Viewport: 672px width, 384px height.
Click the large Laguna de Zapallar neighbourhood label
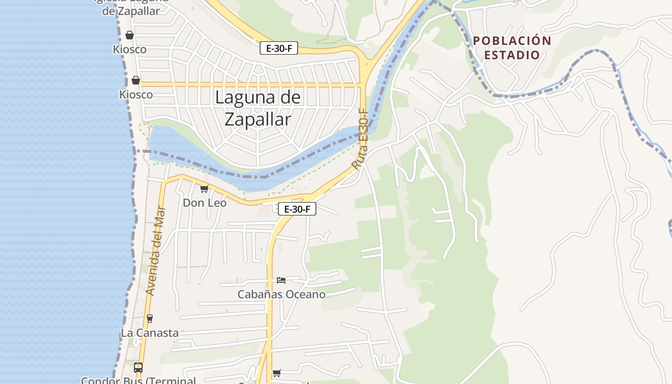point(258,108)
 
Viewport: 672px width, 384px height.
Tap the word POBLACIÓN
point(512,41)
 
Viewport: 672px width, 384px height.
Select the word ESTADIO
point(512,55)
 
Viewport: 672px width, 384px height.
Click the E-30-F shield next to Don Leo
point(297,209)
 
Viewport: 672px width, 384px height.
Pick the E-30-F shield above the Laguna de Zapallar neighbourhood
point(279,48)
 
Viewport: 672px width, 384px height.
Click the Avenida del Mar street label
point(156,251)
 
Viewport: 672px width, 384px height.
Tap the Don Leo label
point(204,203)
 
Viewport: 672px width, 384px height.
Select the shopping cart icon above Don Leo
point(204,189)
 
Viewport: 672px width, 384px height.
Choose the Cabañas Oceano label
point(282,294)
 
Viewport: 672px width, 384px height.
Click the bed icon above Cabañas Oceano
point(281,280)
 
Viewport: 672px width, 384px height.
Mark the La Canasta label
point(150,333)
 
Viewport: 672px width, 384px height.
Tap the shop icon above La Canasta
point(150,318)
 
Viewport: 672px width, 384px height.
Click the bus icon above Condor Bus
point(138,368)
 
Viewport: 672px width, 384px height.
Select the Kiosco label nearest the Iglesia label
point(130,49)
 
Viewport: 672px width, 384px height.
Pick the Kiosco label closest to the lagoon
point(136,95)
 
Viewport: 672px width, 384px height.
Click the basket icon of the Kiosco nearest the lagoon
point(136,80)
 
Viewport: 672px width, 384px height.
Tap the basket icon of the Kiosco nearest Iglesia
point(130,35)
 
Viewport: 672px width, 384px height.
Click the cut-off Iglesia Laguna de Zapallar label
point(131,7)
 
